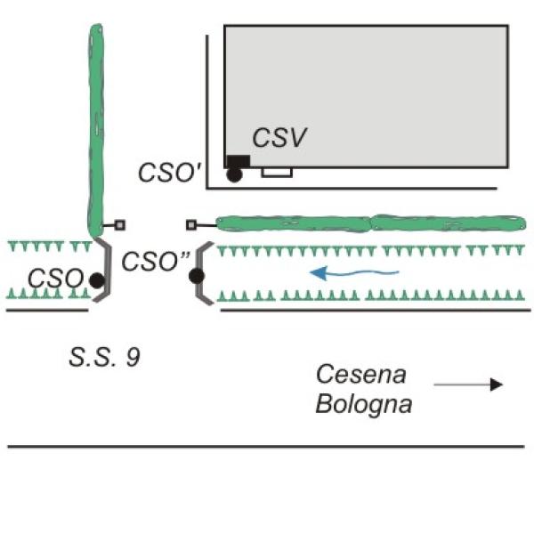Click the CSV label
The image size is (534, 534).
[279, 138]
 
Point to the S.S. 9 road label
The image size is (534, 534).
[104, 359]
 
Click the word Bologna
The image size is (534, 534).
[364, 403]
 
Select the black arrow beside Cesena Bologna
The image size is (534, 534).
[468, 384]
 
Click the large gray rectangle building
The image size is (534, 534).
[365, 93]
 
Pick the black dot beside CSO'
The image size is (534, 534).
[234, 175]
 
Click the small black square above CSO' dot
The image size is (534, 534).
[238, 160]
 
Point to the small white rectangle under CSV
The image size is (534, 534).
[277, 172]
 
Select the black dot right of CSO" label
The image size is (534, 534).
[197, 276]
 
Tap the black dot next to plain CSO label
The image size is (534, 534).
[96, 280]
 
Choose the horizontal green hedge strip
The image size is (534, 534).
[369, 223]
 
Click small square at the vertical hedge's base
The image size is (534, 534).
[120, 225]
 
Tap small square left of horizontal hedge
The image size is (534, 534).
[190, 225]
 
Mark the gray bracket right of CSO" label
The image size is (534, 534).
[203, 273]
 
